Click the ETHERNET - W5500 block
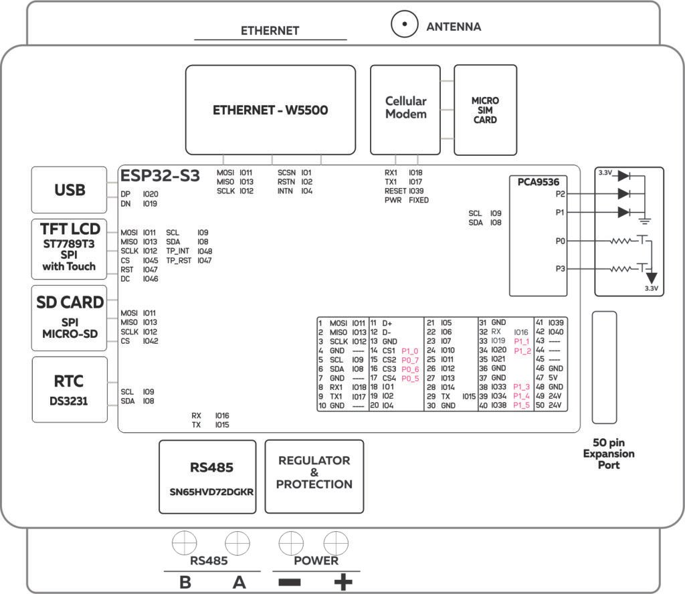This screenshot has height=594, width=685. [270, 110]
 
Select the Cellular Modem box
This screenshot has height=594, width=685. [405, 109]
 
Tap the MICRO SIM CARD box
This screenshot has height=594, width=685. [485, 110]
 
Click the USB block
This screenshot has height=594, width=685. [70, 190]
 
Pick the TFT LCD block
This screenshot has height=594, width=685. [70, 248]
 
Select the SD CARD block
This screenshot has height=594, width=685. [70, 317]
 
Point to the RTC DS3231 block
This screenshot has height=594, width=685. [70, 389]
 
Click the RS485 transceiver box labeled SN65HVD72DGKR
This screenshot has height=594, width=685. [207, 476]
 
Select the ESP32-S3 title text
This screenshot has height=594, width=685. [160, 176]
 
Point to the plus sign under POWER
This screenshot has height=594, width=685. [343, 582]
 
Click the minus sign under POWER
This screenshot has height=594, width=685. [289, 582]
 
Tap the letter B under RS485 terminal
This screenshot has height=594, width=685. [185, 582]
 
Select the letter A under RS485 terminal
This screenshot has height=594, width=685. [239, 582]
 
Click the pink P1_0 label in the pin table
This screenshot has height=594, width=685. [409, 351]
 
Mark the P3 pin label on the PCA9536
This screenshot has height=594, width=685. [561, 268]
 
